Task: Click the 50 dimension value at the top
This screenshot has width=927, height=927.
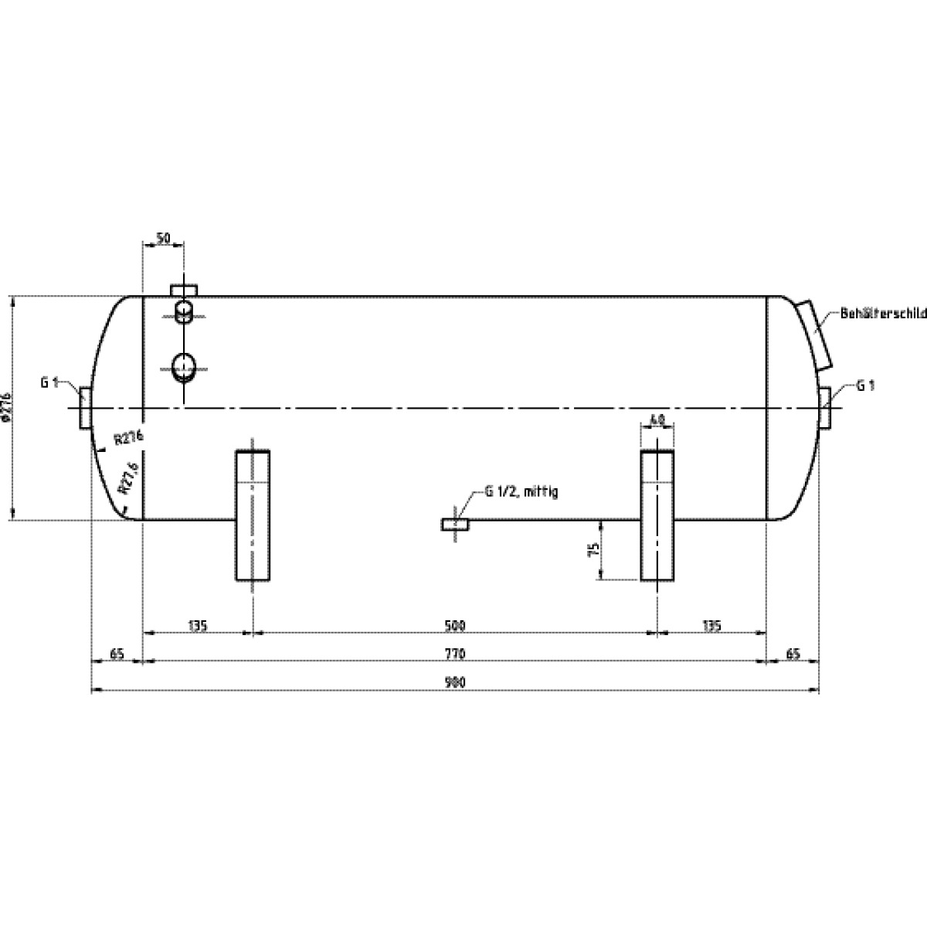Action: (x=163, y=238)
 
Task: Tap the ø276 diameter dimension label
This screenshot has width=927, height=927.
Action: (x=6, y=406)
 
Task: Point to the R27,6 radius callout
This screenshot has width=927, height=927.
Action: (x=127, y=478)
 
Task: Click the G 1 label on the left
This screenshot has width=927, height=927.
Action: (x=49, y=382)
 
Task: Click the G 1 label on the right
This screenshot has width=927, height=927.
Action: (x=865, y=385)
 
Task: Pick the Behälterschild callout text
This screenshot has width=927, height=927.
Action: (x=882, y=314)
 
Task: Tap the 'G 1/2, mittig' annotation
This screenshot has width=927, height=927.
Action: (x=521, y=491)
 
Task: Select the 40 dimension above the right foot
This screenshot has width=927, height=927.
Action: (x=657, y=419)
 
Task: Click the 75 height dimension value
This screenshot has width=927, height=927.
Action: (x=593, y=549)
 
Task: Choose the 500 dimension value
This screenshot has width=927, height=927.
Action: (x=455, y=626)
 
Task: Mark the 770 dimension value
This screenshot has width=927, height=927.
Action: (x=455, y=654)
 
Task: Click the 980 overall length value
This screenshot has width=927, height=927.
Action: (x=455, y=683)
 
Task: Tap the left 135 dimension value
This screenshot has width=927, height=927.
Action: (x=198, y=626)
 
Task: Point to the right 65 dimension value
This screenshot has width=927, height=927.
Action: (x=793, y=654)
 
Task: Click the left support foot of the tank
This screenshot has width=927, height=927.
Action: (x=253, y=515)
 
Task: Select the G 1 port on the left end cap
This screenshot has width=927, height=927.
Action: (x=85, y=407)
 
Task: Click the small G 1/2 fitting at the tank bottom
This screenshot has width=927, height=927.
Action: (x=455, y=525)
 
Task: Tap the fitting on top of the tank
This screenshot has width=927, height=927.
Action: (x=184, y=290)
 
